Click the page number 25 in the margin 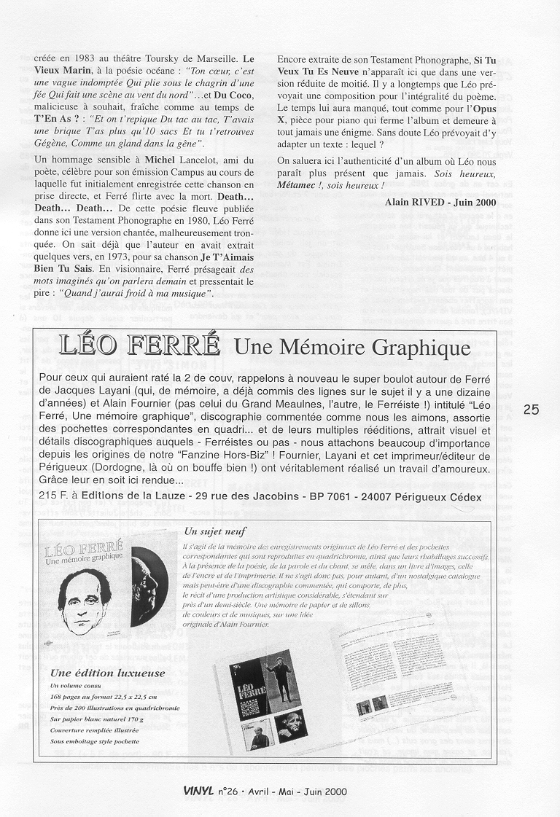532,410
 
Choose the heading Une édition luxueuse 108,673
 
